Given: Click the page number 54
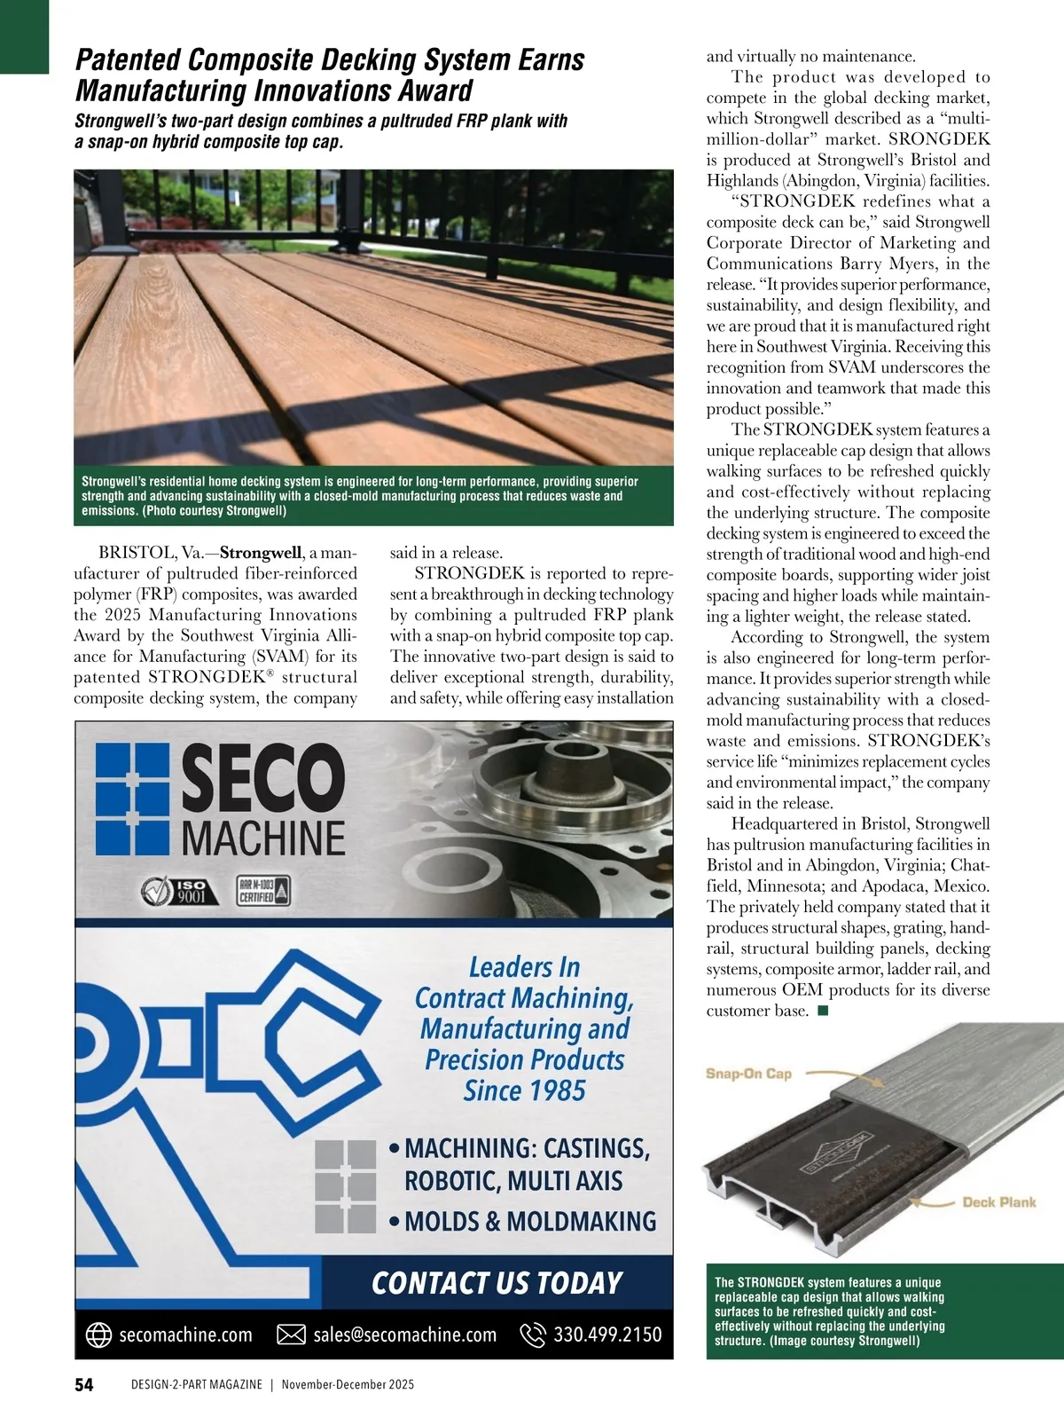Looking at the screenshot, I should pos(83,1384).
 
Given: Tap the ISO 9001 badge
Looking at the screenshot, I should pos(175,891).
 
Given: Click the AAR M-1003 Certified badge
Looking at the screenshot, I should pos(262,891).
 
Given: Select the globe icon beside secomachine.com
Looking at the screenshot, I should pos(98,1334).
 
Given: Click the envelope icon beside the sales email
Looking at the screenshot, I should pos(291,1334).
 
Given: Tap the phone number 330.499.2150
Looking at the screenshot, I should pos(607,1334).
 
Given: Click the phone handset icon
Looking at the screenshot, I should pos(532,1334).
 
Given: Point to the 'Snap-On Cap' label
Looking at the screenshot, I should pos(748,1074).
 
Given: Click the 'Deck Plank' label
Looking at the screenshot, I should pos(999,1202).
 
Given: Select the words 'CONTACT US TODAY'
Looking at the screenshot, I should pos(497,1283).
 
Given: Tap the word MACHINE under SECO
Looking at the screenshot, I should pos(263,838).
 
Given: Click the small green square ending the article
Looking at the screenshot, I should pos(823,1011).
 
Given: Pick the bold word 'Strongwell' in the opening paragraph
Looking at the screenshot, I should pos(261,553).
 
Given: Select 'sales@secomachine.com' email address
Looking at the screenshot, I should pos(404,1334).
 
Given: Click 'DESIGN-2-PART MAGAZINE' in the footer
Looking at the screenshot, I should pos(196,1384).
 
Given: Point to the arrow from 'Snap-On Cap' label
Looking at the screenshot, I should pos(842,1077).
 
